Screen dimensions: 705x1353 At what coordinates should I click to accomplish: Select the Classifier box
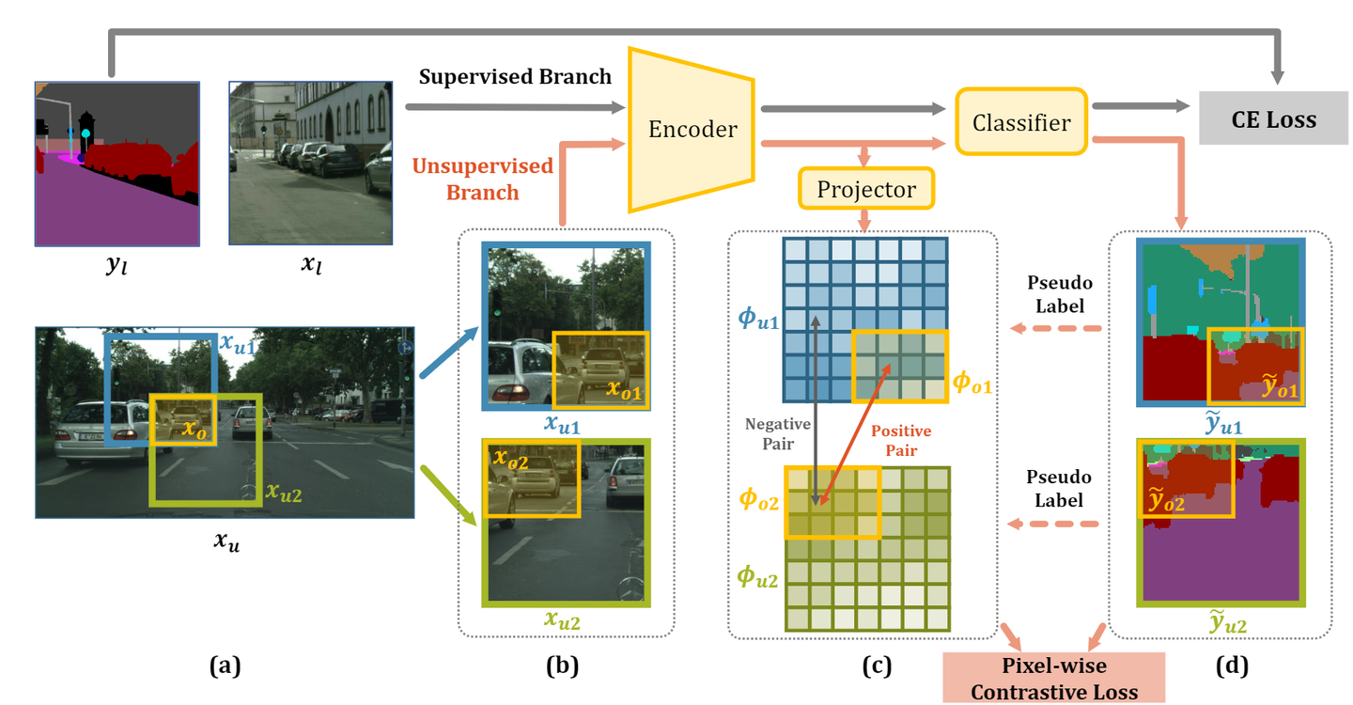click(x=1021, y=121)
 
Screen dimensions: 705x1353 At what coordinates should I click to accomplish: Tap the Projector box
click(x=865, y=189)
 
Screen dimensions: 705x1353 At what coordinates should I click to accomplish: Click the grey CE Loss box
click(x=1273, y=119)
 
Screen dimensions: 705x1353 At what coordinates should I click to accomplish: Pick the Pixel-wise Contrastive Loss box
click(x=1053, y=679)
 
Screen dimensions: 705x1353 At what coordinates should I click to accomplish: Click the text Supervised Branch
click(x=516, y=76)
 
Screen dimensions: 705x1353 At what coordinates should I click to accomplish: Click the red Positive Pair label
click(x=901, y=440)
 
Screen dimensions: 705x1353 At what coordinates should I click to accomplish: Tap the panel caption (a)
click(x=225, y=666)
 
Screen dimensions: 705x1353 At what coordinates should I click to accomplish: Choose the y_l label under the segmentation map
click(x=116, y=266)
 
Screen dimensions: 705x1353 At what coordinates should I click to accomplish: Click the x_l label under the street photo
click(x=311, y=266)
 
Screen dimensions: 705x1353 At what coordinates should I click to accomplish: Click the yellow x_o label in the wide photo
click(x=194, y=430)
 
